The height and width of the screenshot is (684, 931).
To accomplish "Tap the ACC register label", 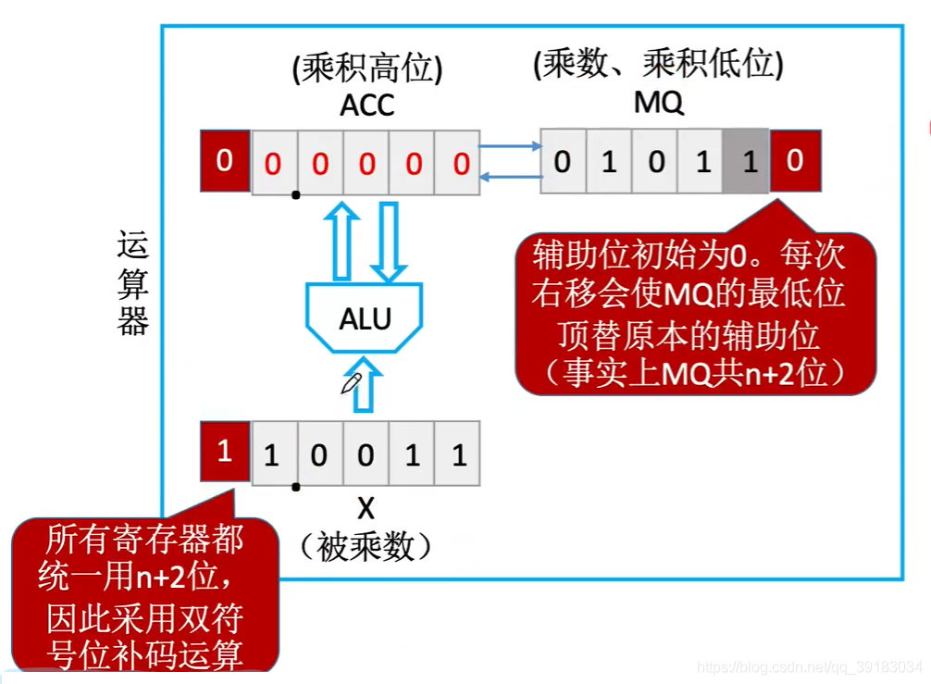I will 366,105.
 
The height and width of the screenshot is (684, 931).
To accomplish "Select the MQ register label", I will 658,103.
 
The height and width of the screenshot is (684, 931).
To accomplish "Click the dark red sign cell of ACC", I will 225,162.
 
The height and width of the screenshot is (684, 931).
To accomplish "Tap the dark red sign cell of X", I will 225,452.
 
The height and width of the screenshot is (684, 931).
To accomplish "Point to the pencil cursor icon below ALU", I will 351,382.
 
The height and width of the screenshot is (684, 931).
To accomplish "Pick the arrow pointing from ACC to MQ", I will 509,145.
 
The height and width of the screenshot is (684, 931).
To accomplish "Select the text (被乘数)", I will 366,547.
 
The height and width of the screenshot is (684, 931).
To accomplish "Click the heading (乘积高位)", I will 366,69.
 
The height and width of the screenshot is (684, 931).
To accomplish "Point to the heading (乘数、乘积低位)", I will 658,65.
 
